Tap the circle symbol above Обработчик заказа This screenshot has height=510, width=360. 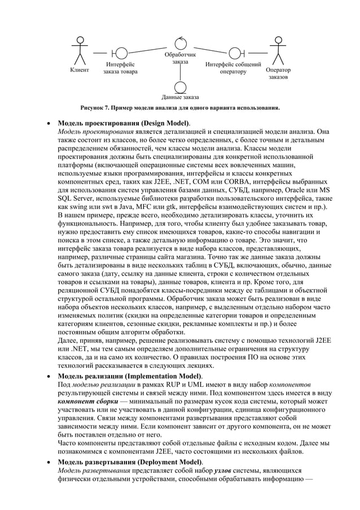click(x=180, y=43)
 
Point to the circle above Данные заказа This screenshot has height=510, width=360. click(x=180, y=88)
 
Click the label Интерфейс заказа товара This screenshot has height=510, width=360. click(x=120, y=69)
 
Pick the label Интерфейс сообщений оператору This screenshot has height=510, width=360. click(x=233, y=68)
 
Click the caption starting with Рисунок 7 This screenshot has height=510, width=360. click(x=179, y=107)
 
